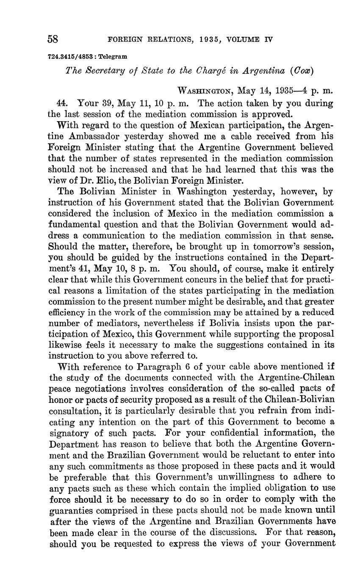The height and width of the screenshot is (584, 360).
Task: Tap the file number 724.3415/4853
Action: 71,56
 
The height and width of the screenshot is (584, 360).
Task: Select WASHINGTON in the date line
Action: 205,91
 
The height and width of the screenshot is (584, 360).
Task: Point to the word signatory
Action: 69,433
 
